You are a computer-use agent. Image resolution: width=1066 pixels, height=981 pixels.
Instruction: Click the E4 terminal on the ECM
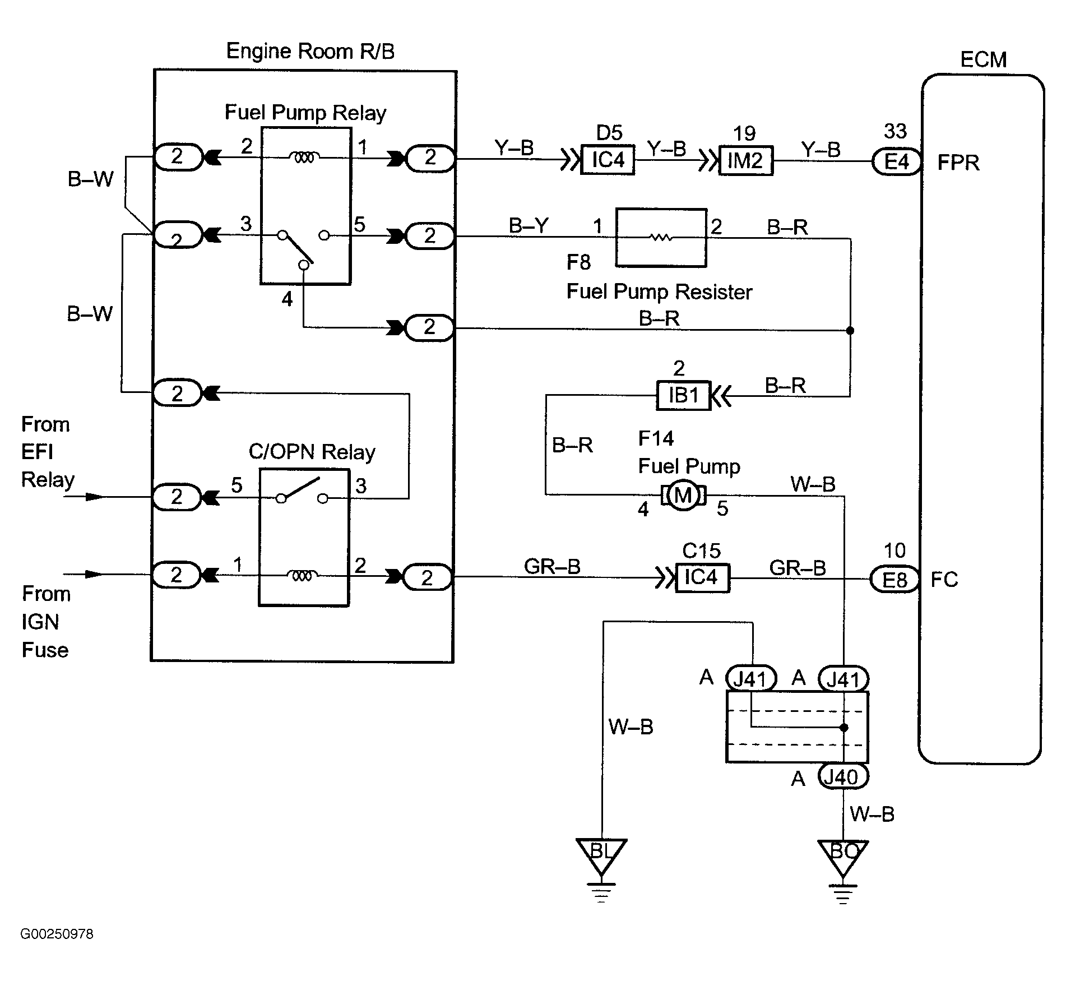point(896,161)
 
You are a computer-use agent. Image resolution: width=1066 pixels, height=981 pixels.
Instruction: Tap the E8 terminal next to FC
point(894,579)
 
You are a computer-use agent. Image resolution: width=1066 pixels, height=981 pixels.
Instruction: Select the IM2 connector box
point(745,161)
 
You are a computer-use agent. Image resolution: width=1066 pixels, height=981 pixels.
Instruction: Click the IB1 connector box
point(684,396)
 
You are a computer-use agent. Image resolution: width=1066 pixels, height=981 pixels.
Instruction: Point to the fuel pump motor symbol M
point(683,495)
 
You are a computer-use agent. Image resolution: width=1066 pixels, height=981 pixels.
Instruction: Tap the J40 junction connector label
point(843,777)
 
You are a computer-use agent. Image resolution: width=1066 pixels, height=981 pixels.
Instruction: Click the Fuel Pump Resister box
point(661,238)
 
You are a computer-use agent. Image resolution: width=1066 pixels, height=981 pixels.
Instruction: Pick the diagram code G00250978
point(57,934)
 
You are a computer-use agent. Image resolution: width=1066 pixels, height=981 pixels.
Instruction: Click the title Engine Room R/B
point(310,51)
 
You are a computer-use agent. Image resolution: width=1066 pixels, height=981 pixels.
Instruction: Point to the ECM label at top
point(983,59)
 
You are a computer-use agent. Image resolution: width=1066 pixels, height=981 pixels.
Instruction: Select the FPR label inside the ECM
point(958,163)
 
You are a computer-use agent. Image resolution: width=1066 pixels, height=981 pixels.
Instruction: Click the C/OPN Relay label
point(312,452)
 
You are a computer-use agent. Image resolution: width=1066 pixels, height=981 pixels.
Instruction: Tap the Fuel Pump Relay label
point(305,113)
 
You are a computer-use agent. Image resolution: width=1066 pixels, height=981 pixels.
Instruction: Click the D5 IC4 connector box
point(608,160)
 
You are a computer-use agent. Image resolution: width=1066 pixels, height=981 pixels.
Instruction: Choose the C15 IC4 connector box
point(702,577)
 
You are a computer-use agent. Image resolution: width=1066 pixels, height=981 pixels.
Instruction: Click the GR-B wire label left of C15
point(551,567)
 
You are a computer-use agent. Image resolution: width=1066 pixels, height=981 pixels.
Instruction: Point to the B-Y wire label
point(529,225)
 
